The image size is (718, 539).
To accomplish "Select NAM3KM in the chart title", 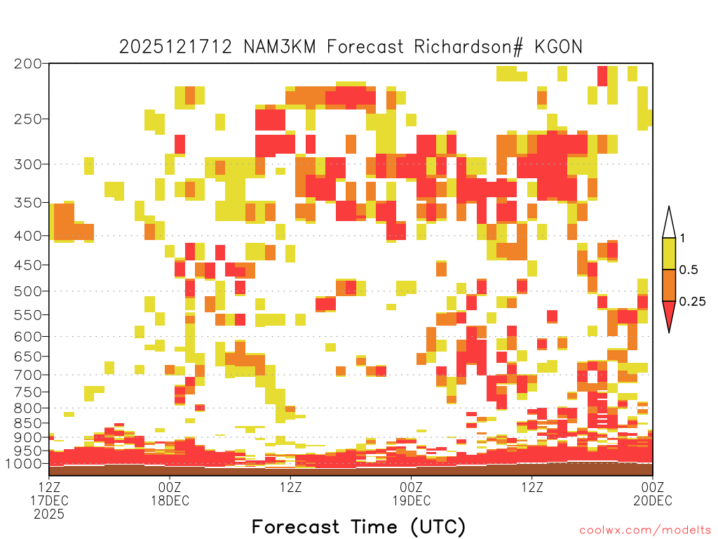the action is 279,47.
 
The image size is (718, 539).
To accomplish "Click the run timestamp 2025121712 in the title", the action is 175,47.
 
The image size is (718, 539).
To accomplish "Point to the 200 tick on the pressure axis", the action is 27,64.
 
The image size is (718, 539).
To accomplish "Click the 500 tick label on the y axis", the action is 27,291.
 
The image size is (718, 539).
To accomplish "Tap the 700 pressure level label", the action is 27,375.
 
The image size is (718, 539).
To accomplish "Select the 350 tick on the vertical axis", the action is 27,203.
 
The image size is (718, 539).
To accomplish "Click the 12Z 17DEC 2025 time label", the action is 49,500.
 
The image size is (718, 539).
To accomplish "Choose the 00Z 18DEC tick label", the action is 170,493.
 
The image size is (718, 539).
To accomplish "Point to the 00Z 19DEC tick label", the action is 411,493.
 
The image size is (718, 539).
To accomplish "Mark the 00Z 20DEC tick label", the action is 653,493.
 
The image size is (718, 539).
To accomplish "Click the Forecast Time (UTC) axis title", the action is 358,526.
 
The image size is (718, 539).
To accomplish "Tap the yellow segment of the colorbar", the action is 669,254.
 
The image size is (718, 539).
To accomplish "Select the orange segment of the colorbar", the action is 669,286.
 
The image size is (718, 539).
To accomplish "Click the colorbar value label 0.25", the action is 692,302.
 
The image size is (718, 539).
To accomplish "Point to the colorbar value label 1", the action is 682,239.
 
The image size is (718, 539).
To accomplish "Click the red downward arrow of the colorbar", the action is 669,315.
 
